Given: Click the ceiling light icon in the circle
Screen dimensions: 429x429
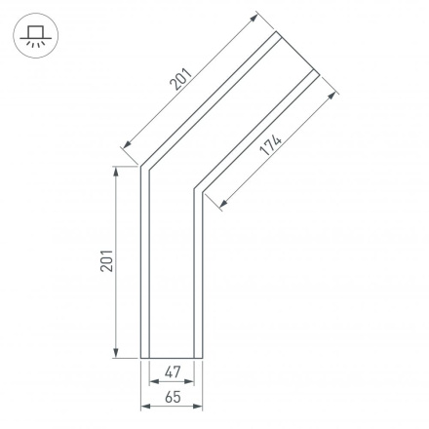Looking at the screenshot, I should tap(34, 38).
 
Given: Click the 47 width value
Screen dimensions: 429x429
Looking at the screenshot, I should tap(172, 371).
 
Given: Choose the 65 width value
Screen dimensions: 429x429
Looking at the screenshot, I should tap(172, 397).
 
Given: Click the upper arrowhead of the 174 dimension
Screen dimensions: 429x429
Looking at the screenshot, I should tap(334, 96).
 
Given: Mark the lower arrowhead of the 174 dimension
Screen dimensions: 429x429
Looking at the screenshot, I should tap(224, 205).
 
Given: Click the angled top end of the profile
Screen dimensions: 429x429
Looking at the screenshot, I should tap(298, 53).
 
